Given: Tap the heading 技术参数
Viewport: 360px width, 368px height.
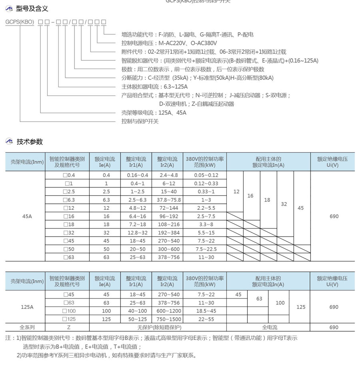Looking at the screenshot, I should coord(30,141).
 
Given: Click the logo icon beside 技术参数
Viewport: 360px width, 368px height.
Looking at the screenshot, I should coord(9,141).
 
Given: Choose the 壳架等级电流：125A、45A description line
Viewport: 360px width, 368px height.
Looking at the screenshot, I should coord(154,113).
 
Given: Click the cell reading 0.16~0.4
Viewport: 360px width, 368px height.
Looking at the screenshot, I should coord(137,175).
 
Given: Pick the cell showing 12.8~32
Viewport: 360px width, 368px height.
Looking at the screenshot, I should coord(137,233).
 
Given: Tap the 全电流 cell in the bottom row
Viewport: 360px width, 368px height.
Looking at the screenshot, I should coord(269,327).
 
